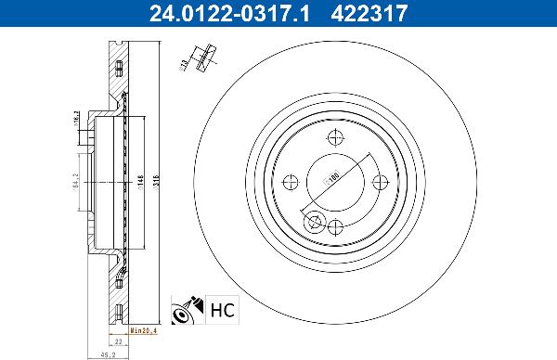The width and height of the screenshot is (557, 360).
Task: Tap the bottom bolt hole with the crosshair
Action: (x=337, y=226)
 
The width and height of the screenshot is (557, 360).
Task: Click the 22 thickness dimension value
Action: (x=110, y=341)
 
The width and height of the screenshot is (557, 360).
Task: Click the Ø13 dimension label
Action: (x=184, y=64)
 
